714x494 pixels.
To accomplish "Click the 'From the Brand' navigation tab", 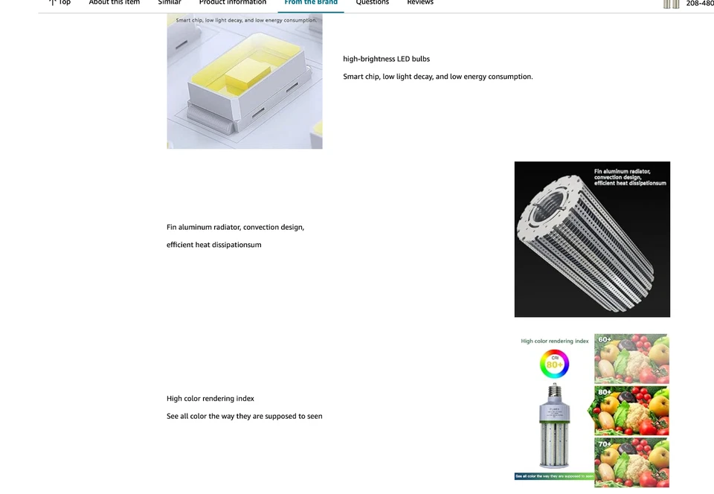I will click(x=311, y=3).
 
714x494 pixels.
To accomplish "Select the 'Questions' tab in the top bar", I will click(x=372, y=3).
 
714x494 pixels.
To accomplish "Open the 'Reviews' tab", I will click(x=419, y=3).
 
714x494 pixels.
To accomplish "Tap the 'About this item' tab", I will click(x=114, y=3).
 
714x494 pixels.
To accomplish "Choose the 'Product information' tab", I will click(x=232, y=3).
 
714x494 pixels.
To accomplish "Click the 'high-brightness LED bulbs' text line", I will click(x=386, y=59).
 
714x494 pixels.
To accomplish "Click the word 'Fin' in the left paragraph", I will click(x=171, y=227).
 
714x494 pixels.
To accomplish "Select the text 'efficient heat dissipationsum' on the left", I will click(x=213, y=245).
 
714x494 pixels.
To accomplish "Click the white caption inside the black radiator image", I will click(x=629, y=177).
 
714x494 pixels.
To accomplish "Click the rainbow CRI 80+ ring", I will click(x=554, y=365).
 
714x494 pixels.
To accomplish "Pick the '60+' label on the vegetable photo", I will click(x=605, y=340).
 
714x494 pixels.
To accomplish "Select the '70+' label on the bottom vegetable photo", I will click(x=605, y=444).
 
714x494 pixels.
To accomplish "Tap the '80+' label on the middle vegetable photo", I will click(x=605, y=392).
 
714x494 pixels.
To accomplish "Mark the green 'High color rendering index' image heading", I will click(x=554, y=341).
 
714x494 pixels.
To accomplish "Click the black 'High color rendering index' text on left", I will click(x=210, y=399).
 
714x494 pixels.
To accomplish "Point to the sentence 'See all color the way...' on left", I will click(x=244, y=417).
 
